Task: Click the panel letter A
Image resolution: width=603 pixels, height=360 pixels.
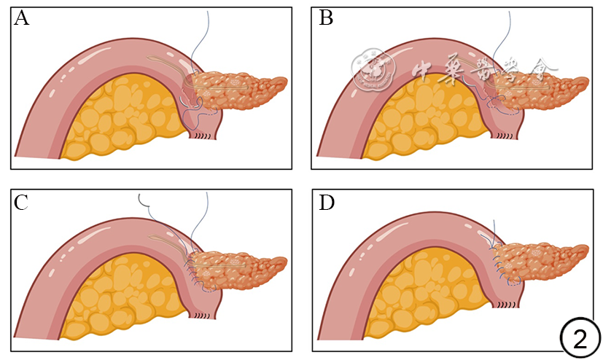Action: pyautogui.click(x=22, y=19)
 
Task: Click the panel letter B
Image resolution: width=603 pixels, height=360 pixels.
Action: pyautogui.click(x=326, y=19)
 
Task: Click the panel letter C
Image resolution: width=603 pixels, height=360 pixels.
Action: pyautogui.click(x=22, y=203)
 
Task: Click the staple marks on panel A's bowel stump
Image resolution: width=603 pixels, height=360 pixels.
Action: pyautogui.click(x=206, y=137)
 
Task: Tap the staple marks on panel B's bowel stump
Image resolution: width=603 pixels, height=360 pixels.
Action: pyautogui.click(x=507, y=136)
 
